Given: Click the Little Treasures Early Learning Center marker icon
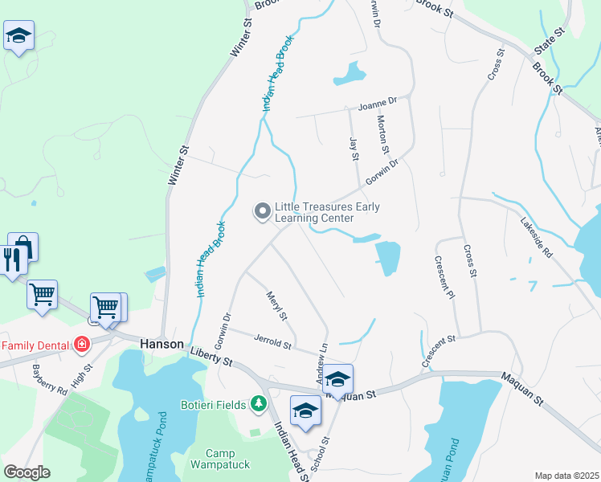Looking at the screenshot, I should tap(262, 211).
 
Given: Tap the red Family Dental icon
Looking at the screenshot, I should tap(81, 345).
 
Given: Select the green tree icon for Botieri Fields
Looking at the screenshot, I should tap(258, 402).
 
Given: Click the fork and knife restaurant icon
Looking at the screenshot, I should tap(11, 259).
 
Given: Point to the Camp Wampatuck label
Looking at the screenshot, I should tap(220, 459).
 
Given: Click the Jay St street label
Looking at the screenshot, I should tap(353, 149).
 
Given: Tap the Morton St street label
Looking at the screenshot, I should tap(382, 134).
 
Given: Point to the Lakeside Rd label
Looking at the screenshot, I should tap(536, 239).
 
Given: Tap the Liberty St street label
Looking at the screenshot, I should tap(211, 357).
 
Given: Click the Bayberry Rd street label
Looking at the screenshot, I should tap(50, 380).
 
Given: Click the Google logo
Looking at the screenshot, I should tap(27, 472).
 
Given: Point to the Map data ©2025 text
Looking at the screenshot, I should tap(566, 476).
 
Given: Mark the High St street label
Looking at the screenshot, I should tap(81, 376).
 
